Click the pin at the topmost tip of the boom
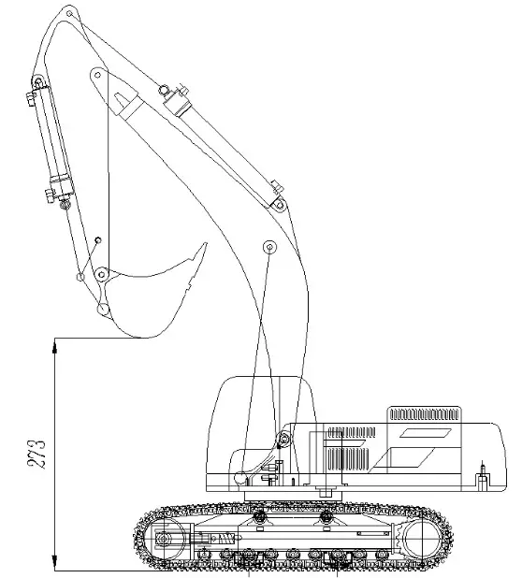pos(67,13)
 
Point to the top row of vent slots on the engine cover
pos(425,412)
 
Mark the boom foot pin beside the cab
pos(283,439)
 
